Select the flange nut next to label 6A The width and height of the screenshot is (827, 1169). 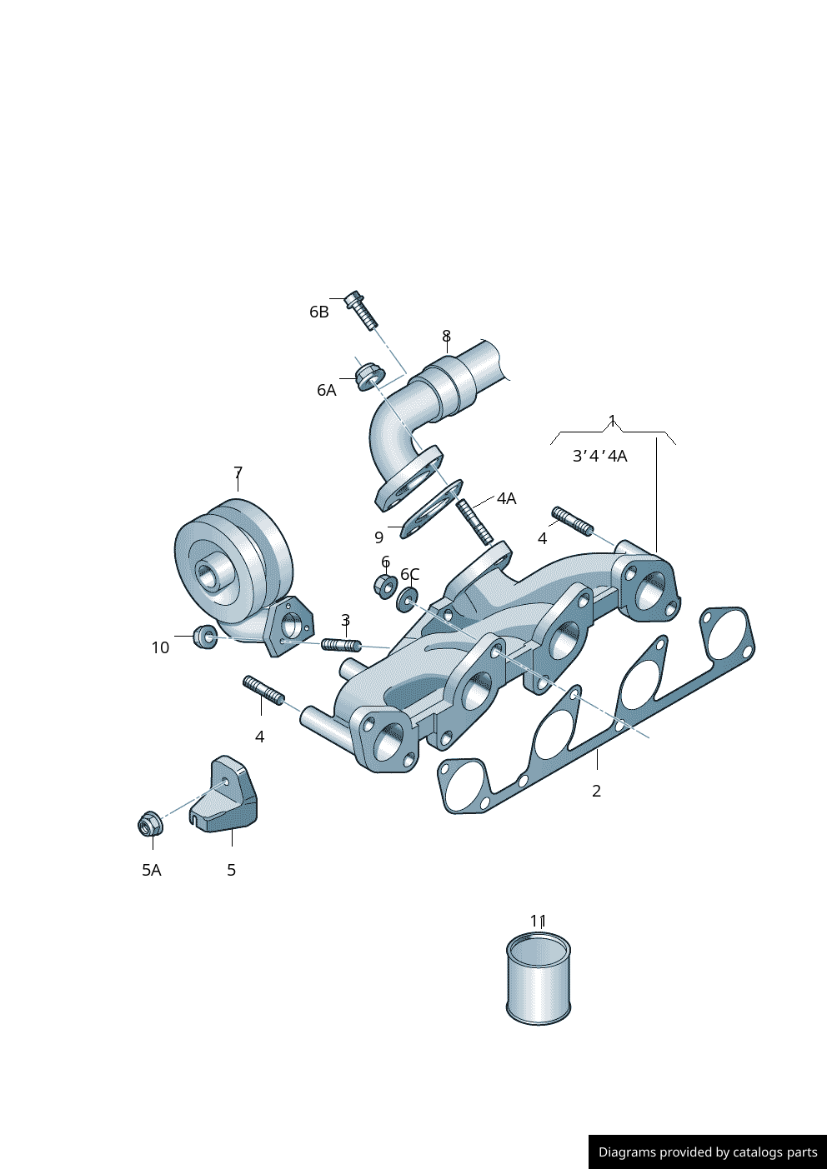(x=368, y=376)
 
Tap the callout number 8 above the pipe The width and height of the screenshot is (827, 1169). (x=446, y=336)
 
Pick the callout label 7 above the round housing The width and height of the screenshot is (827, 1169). (x=238, y=473)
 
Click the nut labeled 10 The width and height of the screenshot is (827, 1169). (x=205, y=637)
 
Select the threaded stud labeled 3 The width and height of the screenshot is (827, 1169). (x=340, y=645)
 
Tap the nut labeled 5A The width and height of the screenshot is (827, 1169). (x=150, y=823)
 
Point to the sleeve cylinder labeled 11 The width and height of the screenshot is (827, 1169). (x=539, y=979)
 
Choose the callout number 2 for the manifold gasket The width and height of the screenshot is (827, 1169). (x=596, y=791)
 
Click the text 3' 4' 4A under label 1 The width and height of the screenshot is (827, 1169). (x=599, y=456)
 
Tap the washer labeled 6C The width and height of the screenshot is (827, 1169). (x=408, y=597)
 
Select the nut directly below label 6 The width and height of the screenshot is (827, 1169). (x=385, y=586)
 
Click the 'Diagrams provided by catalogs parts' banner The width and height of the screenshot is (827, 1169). (x=707, y=1152)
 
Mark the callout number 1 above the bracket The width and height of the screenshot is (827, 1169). (x=612, y=420)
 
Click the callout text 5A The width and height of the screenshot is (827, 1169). (x=151, y=870)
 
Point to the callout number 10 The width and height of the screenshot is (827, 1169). (x=160, y=647)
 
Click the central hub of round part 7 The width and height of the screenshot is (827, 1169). (x=207, y=573)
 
